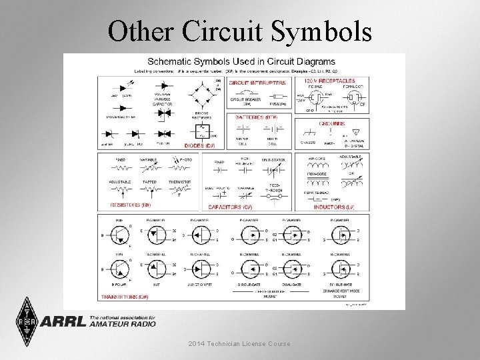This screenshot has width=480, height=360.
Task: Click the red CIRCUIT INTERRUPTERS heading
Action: coord(257,83)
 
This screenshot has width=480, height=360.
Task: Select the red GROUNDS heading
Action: coord(333,123)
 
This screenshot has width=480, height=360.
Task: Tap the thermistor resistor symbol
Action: coord(179,190)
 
